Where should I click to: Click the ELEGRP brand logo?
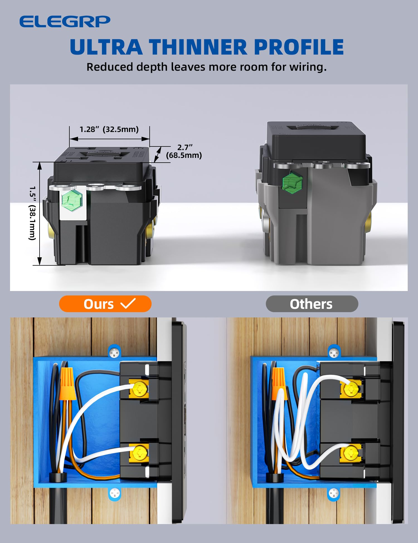coord(65,21)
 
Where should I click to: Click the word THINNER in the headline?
coord(198,47)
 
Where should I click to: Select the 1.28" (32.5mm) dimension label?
coord(109,129)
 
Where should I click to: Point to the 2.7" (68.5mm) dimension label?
coord(184,151)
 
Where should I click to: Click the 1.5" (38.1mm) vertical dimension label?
coord(33,213)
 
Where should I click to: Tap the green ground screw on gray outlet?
coord(292,183)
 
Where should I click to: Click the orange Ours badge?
coord(105,304)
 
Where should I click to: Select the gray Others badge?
coord(312,304)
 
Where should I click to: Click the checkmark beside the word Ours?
coord(128,303)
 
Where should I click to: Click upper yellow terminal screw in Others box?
coord(351,389)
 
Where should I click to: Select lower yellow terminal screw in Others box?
coord(351,453)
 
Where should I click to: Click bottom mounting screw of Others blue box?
coord(334,494)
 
